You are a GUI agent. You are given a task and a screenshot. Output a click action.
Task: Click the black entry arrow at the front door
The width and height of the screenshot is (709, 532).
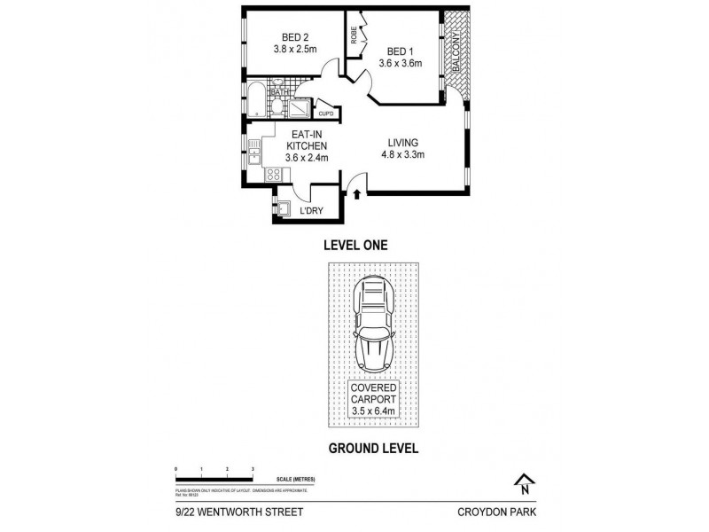(356, 192)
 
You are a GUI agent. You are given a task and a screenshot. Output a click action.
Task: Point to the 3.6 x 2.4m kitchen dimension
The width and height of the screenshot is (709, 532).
(307, 158)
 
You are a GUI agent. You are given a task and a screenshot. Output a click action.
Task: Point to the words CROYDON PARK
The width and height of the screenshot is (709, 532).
(498, 512)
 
